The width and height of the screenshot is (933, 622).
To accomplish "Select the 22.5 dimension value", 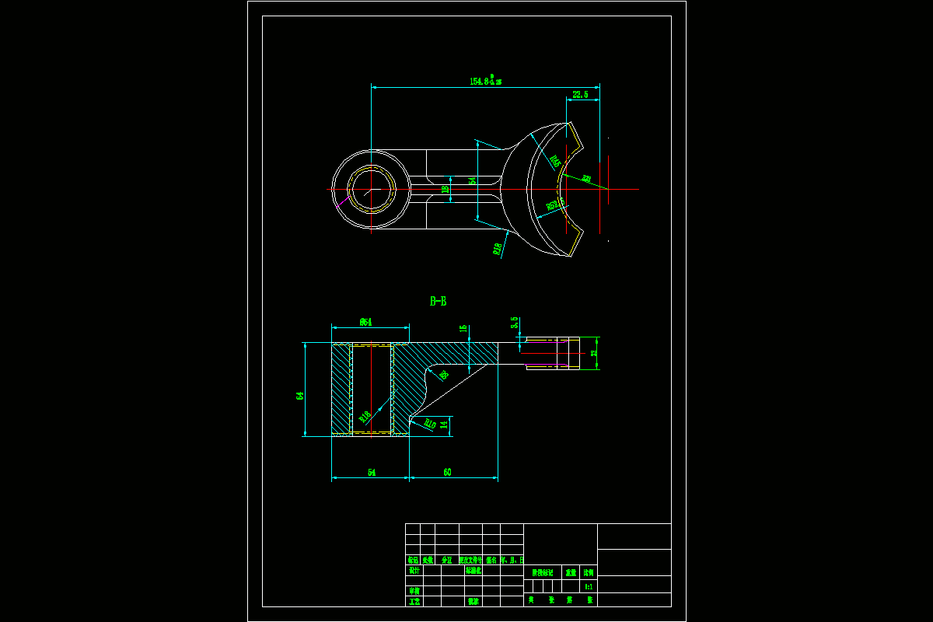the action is tap(580, 95).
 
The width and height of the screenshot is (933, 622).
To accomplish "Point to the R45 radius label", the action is tap(555, 161).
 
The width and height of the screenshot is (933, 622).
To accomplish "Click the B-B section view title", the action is tap(439, 301).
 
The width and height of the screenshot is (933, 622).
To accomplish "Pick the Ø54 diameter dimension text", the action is tap(365, 321).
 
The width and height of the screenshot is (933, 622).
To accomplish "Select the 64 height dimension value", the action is tap(300, 396).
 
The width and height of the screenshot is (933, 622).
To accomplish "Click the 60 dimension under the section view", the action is tap(447, 472).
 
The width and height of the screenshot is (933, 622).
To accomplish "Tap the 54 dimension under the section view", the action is tap(372, 472).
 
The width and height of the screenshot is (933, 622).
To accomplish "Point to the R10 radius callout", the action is tap(428, 424).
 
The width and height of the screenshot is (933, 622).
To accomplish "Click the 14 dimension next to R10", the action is tap(444, 425).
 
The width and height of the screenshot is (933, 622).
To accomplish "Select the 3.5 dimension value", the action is tap(514, 323).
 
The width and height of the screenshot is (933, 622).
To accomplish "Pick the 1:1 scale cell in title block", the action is tap(589, 587).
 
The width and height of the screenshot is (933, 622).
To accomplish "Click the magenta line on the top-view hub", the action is tap(340, 206).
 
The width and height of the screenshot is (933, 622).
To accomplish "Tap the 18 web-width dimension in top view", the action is tap(446, 189).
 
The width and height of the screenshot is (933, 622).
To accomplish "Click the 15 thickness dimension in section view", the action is tap(464, 330).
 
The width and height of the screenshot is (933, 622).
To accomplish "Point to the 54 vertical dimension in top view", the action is tap(472, 180).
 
